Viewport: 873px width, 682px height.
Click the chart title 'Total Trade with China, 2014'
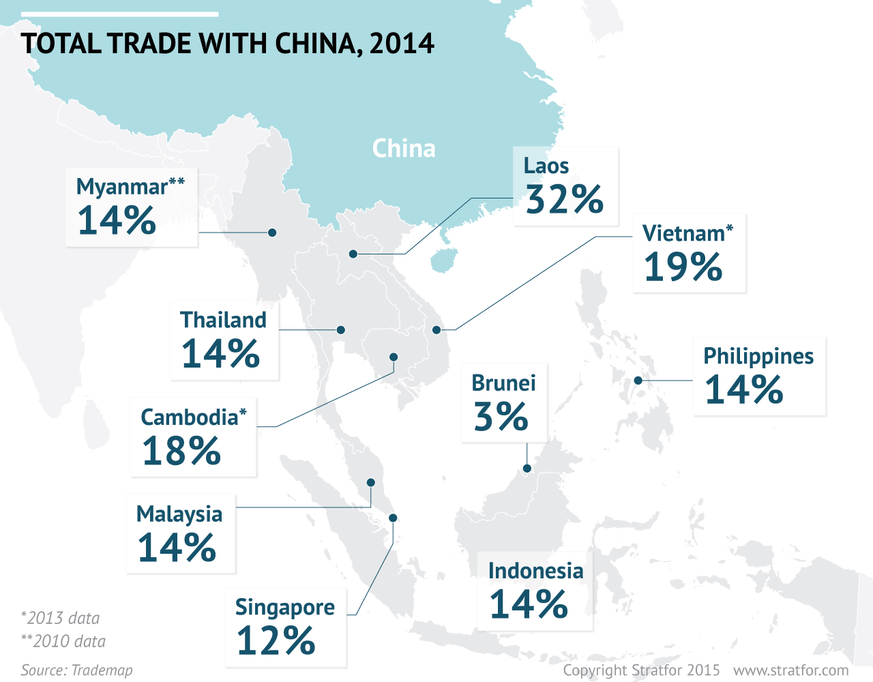227,44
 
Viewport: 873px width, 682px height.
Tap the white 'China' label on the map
404,149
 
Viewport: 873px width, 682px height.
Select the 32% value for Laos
565,199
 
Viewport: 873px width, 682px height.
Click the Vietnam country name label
684,233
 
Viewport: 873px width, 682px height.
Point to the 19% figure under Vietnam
683,267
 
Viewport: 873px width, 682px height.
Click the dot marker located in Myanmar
272,233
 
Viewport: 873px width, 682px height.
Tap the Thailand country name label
223,320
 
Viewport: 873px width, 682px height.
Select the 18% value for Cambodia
181,451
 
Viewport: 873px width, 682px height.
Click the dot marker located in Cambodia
394,357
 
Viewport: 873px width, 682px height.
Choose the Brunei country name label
503,383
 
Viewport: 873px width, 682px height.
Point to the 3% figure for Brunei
501,417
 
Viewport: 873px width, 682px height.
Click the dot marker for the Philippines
638,381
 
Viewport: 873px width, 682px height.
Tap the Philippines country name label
758,356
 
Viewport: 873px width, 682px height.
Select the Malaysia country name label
179,514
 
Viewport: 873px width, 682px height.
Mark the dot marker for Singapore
393,518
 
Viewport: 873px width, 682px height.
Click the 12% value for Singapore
276,641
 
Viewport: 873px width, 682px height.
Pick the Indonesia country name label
535,571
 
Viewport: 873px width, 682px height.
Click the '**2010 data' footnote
63,641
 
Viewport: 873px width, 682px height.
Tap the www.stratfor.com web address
791,670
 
